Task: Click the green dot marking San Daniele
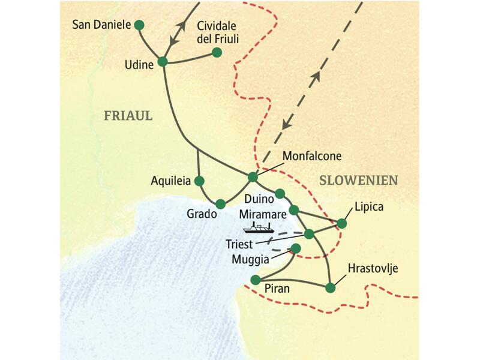coord(139,25)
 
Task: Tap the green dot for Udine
coord(162,62)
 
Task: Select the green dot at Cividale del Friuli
coord(217,53)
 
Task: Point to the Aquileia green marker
coord(200,181)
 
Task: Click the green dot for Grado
coord(220,203)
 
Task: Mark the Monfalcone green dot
coord(253,177)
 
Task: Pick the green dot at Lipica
coord(342,223)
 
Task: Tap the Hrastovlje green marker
coord(330,287)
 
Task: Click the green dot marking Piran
coord(255,280)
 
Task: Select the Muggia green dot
coord(295,248)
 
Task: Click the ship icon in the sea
coord(258,227)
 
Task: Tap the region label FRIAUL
coord(128,116)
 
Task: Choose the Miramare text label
coord(262,214)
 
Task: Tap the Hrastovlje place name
coord(373,268)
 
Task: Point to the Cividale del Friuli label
coord(217,32)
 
